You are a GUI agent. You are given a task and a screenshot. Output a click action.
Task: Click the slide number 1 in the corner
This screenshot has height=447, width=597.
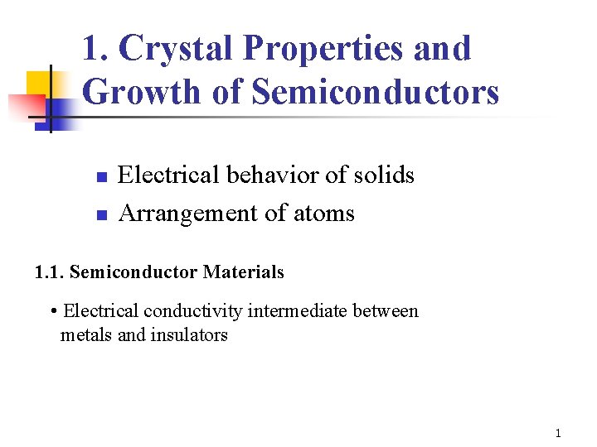click(x=558, y=433)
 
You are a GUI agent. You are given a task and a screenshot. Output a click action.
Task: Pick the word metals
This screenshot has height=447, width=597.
click(x=81, y=334)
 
